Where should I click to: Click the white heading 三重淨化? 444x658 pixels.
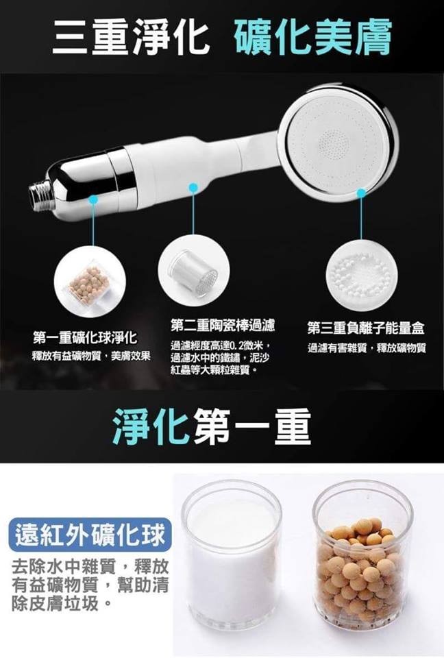131,36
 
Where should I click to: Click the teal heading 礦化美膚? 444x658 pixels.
314,36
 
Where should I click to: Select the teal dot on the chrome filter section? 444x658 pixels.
93,201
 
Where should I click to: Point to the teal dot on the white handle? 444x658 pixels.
193,187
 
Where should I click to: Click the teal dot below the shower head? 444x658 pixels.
361,192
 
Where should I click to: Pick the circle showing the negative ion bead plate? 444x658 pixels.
362,276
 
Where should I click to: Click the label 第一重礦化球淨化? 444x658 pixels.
85,337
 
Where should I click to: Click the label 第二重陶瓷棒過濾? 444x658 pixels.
223,325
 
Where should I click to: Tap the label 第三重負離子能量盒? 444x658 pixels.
366,328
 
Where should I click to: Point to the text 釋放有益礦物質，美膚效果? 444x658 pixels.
92,356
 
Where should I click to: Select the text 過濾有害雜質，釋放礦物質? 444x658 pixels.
367,348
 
